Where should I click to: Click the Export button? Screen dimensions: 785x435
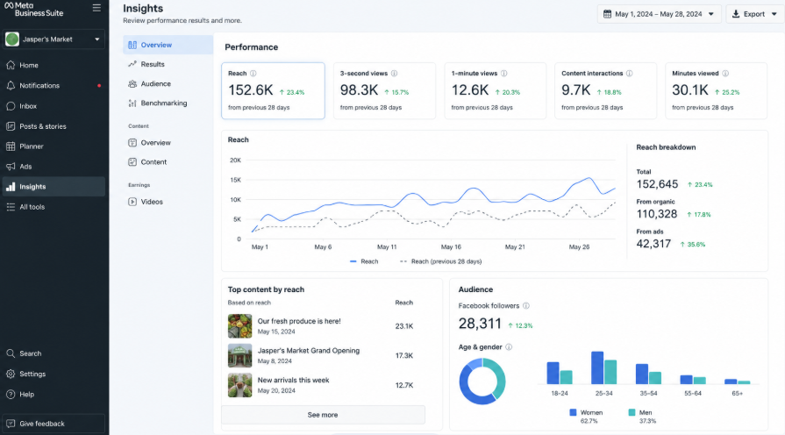tap(754, 14)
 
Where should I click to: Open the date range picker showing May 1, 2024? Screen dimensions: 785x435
tap(659, 14)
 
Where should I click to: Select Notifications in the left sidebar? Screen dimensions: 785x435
tap(39, 86)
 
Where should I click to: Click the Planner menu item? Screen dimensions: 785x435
tap(32, 146)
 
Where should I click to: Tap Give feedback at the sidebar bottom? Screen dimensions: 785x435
tap(42, 424)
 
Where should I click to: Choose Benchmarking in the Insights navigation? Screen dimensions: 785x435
tap(164, 103)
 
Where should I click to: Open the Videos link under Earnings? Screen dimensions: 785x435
tap(152, 202)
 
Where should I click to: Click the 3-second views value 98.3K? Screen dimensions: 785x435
tap(359, 90)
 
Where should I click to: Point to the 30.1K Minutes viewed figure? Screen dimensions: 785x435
tap(690, 90)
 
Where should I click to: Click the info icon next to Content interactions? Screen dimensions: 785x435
tap(629, 73)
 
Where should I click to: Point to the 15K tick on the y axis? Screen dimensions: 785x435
tap(235, 180)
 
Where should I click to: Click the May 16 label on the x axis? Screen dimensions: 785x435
tap(451, 246)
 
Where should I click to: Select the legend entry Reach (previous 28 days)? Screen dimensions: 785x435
tap(446, 261)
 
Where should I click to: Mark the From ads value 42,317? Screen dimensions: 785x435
tap(653, 244)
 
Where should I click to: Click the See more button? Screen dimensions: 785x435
tap(323, 415)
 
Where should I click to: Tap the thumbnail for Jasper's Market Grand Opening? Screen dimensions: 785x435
tap(239, 355)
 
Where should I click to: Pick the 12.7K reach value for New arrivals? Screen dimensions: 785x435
tap(404, 385)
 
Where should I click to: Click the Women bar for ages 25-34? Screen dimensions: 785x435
tap(597, 368)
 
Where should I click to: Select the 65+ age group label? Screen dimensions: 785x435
tap(737, 394)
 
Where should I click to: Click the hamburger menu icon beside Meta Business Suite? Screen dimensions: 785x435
tap(96, 8)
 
